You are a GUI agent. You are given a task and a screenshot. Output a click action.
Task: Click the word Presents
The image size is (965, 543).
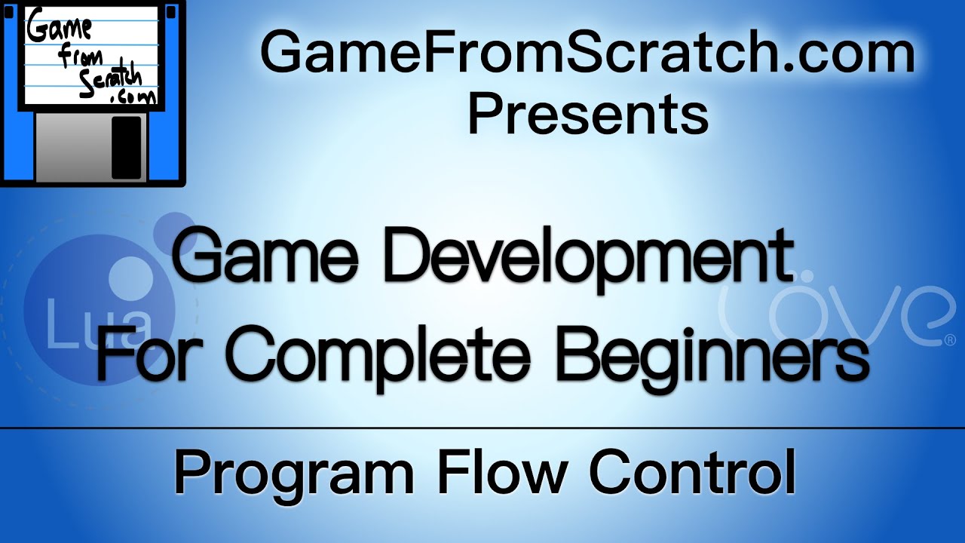point(588,115)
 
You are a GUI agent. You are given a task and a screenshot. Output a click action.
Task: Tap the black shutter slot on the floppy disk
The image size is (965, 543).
point(126,147)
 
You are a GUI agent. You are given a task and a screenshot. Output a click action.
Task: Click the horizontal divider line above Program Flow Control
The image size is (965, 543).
point(482,428)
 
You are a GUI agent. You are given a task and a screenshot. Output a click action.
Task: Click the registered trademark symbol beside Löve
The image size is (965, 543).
point(948,341)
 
